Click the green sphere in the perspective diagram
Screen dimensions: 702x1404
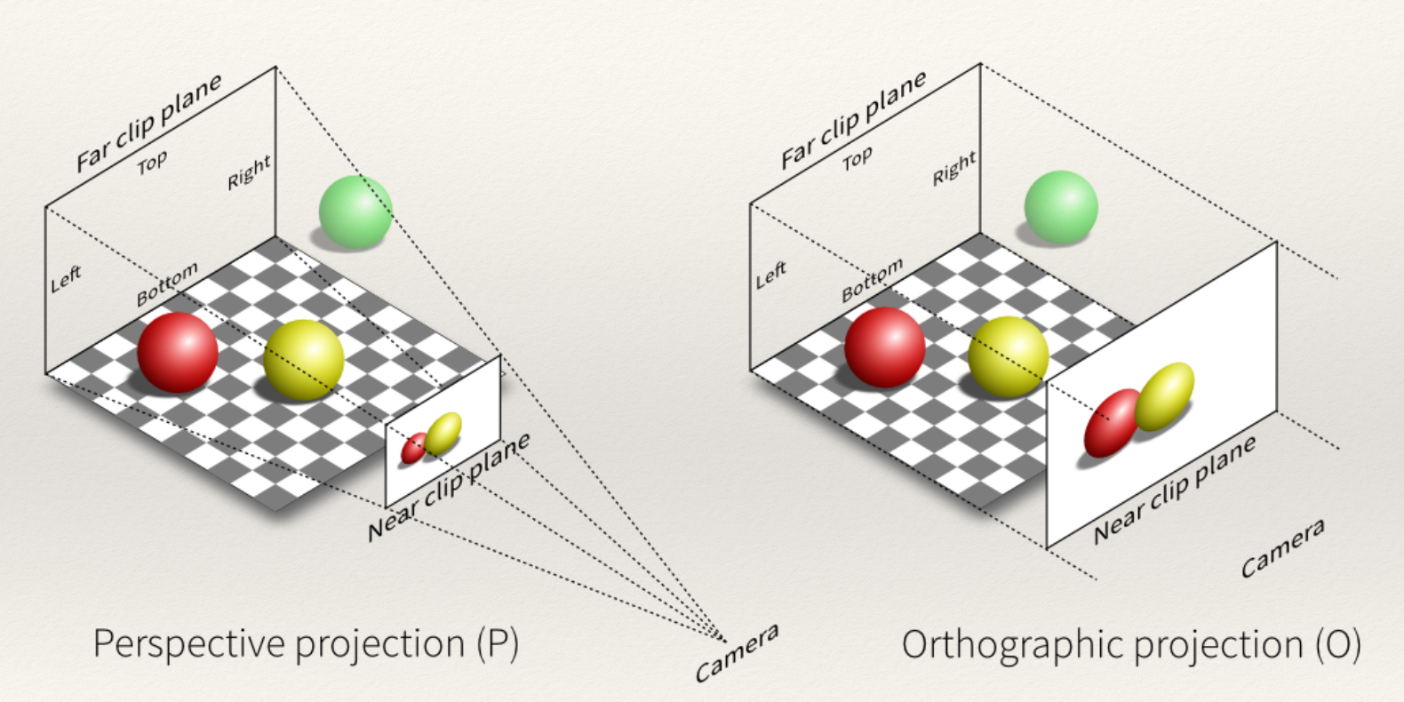tap(355, 212)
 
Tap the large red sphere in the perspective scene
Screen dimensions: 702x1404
tap(178, 352)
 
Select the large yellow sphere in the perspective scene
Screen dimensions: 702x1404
tap(304, 360)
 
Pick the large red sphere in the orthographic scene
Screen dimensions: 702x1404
tap(884, 347)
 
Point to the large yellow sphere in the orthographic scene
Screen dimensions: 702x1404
tap(1008, 356)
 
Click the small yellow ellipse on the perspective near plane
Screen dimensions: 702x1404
tap(443, 433)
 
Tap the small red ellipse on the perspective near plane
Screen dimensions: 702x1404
tap(413, 449)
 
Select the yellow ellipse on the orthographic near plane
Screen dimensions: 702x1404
tap(1164, 396)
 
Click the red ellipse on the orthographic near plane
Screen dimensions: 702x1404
tap(1111, 424)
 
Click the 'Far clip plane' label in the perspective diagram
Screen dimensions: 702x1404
tap(148, 124)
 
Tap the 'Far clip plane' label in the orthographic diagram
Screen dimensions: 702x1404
tap(854, 120)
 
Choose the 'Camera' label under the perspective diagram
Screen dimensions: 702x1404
tap(737, 653)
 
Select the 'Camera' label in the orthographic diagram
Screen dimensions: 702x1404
tap(1282, 548)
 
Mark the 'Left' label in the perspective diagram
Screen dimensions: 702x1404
tap(66, 279)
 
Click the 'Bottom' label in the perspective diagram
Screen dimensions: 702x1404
tap(167, 284)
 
